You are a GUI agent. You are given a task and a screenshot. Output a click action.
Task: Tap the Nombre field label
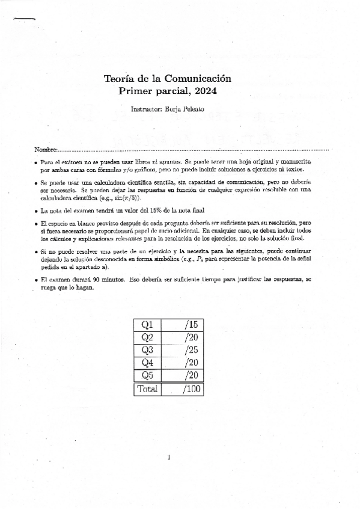(45, 149)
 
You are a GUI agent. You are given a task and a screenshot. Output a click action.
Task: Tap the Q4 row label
(147, 363)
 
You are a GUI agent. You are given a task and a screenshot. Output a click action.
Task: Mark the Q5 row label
(147, 376)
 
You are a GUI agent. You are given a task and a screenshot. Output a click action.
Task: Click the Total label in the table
(147, 389)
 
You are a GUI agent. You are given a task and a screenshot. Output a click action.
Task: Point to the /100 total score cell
(191, 389)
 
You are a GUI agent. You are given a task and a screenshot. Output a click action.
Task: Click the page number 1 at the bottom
(170, 458)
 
